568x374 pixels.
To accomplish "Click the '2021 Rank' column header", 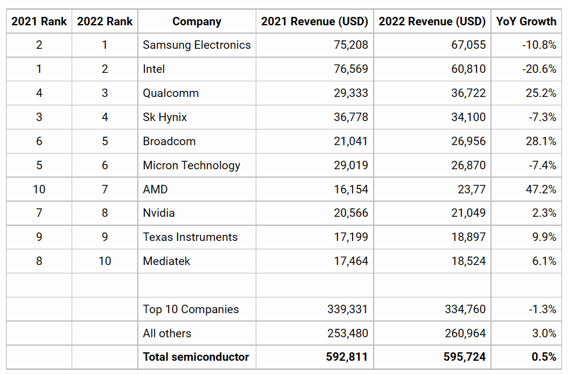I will [x=39, y=22].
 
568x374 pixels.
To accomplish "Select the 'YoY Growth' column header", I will [x=526, y=22].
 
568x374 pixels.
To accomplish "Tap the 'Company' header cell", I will [x=197, y=22].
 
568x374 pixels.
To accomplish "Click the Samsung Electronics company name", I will [x=197, y=45].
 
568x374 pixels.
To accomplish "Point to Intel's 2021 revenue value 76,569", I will [x=351, y=69].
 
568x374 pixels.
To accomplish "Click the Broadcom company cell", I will [x=169, y=142].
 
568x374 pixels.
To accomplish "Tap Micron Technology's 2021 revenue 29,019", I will [x=351, y=166].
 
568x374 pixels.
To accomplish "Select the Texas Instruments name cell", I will [x=190, y=237].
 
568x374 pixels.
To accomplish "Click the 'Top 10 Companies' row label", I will [x=191, y=310].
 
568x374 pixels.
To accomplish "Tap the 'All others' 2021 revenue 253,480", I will [x=348, y=334].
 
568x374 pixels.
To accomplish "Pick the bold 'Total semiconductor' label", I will [x=196, y=357].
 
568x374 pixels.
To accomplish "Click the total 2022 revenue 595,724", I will [x=465, y=357].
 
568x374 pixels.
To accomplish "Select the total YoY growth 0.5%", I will [x=543, y=357].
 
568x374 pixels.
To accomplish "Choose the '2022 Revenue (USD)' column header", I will [x=432, y=22].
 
